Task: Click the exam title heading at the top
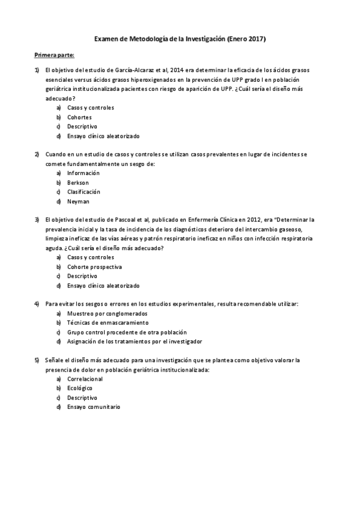pos(180,38)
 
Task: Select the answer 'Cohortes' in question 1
pos(79,117)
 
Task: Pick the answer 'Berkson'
pos(78,182)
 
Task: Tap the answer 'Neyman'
pos(78,201)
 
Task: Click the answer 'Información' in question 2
pos(83,173)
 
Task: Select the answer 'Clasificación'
pos(84,192)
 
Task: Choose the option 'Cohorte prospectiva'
pos(94,266)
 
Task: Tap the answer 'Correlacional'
pos(85,379)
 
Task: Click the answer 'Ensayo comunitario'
pos(93,407)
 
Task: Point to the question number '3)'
pos(37,220)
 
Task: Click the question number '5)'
pos(37,360)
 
